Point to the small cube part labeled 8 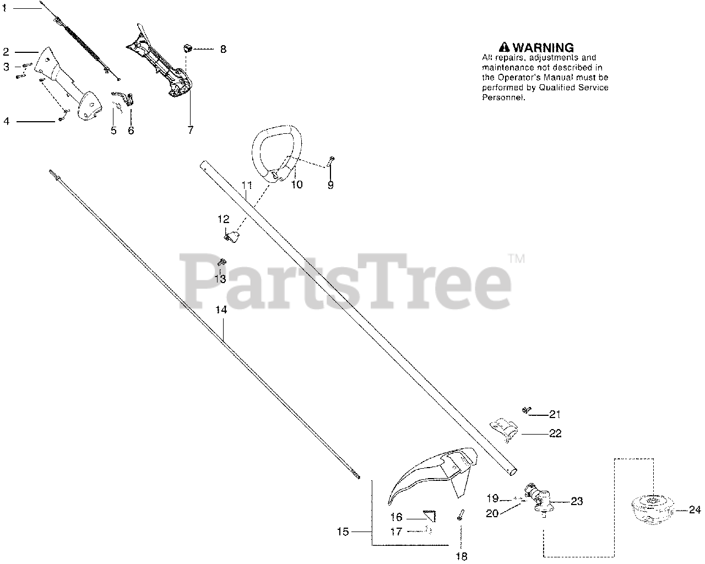click(x=187, y=48)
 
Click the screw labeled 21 click(x=525, y=410)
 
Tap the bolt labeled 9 click(x=330, y=162)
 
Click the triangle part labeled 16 click(x=430, y=516)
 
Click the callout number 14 click(x=221, y=310)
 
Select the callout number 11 click(x=246, y=186)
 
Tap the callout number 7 click(x=191, y=131)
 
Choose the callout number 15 click(x=343, y=532)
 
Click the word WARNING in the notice click(x=543, y=47)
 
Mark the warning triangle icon click(x=503, y=47)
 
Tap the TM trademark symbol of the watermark click(x=516, y=258)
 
